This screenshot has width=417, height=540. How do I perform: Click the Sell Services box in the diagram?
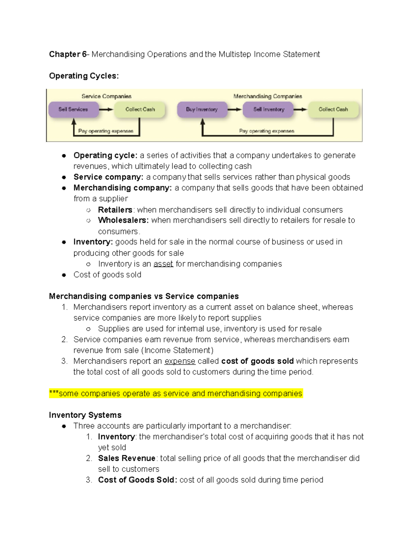(73, 109)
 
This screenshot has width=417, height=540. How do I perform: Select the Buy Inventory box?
(202, 109)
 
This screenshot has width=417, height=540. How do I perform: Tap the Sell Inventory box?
(269, 109)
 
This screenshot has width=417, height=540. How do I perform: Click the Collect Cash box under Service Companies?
(140, 109)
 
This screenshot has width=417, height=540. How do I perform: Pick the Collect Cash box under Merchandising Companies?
(333, 109)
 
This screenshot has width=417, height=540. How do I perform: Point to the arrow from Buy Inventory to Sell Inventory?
(235, 110)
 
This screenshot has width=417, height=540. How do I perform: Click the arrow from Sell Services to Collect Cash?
(106, 110)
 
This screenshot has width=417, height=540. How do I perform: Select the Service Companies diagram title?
(106, 96)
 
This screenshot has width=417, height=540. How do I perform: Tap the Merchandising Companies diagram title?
(268, 96)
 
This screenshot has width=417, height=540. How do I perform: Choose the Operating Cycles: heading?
(84, 76)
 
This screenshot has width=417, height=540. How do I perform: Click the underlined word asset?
(163, 264)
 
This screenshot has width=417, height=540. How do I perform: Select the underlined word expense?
(180, 361)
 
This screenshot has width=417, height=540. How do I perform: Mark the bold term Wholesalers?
(123, 220)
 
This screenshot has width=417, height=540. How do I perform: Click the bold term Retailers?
(115, 210)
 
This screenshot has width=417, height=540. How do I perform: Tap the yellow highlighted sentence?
(176, 394)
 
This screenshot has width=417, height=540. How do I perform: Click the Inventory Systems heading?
(85, 415)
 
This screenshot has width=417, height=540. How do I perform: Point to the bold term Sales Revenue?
(126, 458)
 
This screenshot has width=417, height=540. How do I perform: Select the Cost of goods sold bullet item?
(107, 275)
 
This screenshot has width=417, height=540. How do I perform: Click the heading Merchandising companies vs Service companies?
(144, 296)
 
